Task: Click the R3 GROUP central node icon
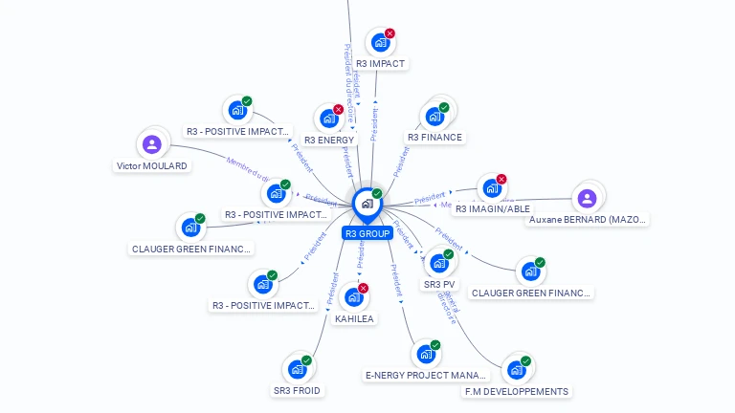pos(367,203)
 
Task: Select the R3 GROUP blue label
pos(367,233)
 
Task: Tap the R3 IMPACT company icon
pos(380,43)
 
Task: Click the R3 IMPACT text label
pos(380,64)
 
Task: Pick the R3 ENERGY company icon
pos(329,119)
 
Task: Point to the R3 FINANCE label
pos(434,138)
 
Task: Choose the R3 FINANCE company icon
pos(434,117)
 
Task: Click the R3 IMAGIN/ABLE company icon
pos(491,188)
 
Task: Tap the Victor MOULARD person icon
pos(151,144)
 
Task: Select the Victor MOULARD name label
pos(152,166)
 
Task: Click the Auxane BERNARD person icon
pos(588,198)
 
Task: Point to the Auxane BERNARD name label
pos(588,220)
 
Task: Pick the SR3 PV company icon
pos(439,263)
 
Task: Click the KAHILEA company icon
pos(354,297)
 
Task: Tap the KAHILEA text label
pos(354,319)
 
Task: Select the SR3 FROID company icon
pos(297,369)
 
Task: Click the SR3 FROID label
pos(297,390)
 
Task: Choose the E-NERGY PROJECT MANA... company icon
pos(426,354)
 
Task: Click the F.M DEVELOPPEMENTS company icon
pos(517,370)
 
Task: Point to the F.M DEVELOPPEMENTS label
pos(517,391)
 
